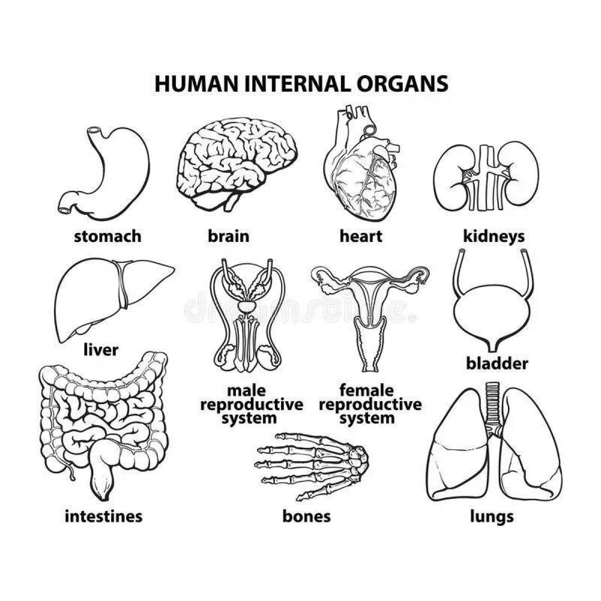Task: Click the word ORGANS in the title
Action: click(402, 84)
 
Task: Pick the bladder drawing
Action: click(493, 311)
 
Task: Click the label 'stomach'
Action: click(108, 236)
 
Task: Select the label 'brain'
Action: click(228, 236)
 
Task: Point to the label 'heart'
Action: click(361, 236)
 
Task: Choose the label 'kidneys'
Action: click(494, 236)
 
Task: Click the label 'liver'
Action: click(101, 350)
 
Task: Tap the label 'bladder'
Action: click(497, 364)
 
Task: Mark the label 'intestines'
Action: click(104, 516)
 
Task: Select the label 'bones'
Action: click(307, 516)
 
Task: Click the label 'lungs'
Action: click(492, 516)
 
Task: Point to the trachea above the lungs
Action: click(493, 401)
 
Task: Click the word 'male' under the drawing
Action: click(246, 390)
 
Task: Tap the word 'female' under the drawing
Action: click(367, 390)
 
